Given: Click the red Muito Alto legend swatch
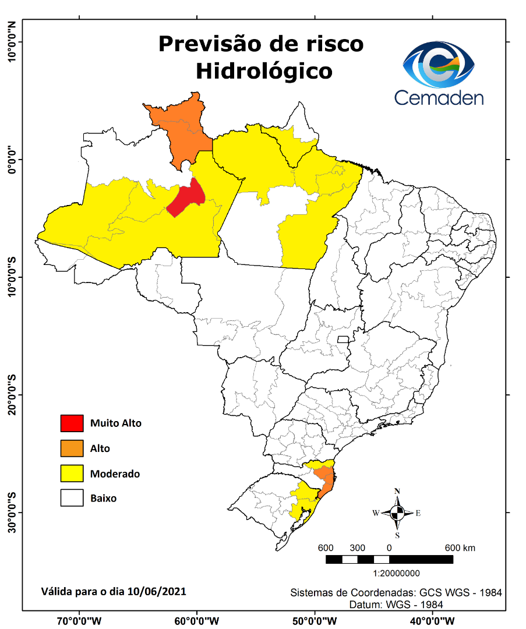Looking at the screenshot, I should (72, 423).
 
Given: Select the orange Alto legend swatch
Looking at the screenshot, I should (72, 448).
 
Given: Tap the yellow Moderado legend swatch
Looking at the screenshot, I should (72, 473).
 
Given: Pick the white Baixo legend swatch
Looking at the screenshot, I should (72, 499).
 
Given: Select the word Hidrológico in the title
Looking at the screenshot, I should (264, 71).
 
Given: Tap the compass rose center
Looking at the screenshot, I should (397, 513).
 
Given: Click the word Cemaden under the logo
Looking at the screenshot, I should (439, 97).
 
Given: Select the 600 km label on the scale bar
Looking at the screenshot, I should (460, 548).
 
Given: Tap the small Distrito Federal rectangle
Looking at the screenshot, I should (343, 339).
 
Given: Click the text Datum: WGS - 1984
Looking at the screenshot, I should (396, 605).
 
